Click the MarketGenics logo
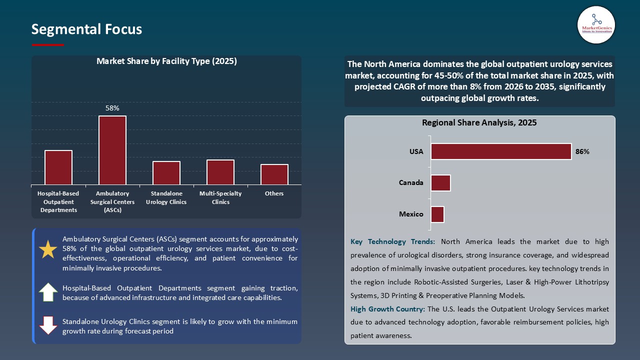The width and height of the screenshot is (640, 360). (x=596, y=24)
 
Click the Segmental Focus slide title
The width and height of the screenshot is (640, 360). (x=86, y=29)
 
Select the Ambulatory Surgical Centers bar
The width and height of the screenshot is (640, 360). (x=112, y=150)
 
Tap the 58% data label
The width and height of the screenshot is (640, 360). (x=112, y=108)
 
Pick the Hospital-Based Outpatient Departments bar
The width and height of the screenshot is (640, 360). (x=58, y=167)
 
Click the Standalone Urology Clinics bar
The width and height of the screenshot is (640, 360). (x=166, y=173)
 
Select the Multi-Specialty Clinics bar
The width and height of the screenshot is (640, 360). (x=220, y=172)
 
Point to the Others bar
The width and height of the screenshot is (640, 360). (x=274, y=174)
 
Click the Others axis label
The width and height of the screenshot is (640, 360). (x=274, y=193)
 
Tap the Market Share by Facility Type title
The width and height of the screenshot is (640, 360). (x=166, y=61)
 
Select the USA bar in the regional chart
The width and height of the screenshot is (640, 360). (x=501, y=151)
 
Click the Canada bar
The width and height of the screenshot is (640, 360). (x=440, y=183)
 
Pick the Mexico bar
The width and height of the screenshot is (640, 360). (x=437, y=214)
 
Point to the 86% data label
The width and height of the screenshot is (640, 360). (x=582, y=151)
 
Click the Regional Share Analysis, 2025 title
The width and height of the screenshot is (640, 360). (x=479, y=122)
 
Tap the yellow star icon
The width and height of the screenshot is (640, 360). (x=48, y=249)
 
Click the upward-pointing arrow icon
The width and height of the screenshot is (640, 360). (x=48, y=292)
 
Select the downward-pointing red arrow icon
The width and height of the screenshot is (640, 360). (x=48, y=325)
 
